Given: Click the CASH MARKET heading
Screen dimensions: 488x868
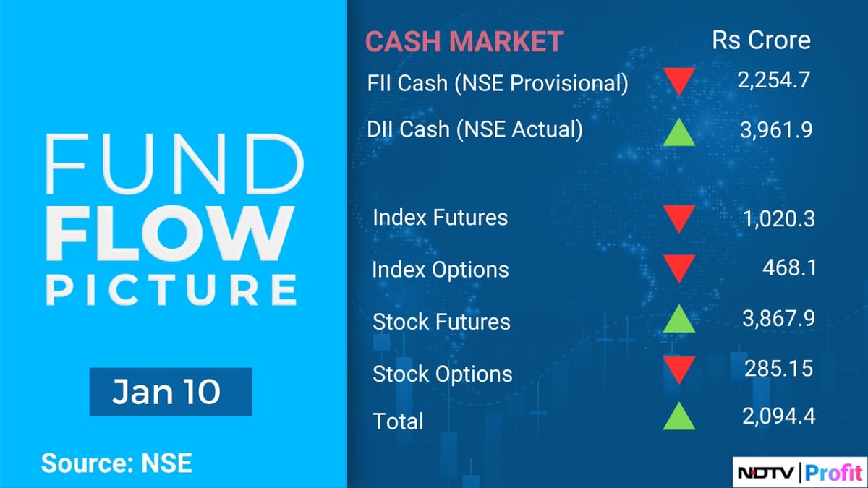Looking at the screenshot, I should pos(464,41).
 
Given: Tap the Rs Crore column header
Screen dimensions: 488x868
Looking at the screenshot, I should pos(761,40).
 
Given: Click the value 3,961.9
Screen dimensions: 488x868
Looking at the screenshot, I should pos(775,129).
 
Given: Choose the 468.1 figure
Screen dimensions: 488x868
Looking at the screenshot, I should pos(789,268).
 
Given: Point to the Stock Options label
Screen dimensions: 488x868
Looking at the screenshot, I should pos(442,374).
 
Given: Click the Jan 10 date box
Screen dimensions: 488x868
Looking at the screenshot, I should pos(170,392).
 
